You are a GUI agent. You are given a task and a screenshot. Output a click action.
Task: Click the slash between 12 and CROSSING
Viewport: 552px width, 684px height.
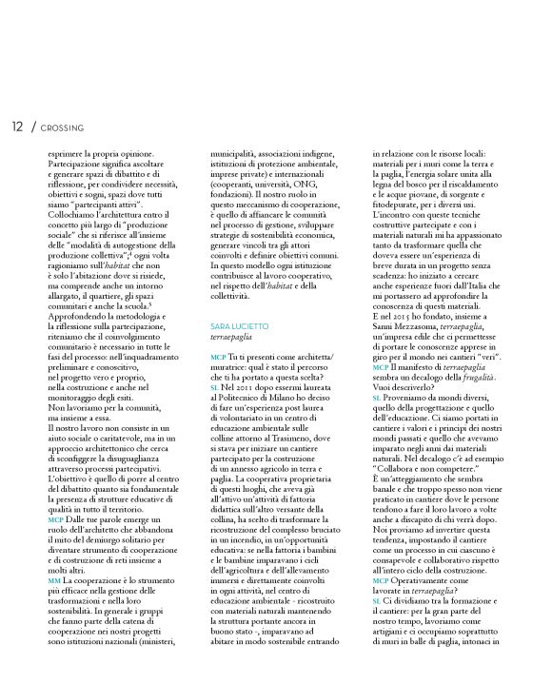click(x=32, y=127)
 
